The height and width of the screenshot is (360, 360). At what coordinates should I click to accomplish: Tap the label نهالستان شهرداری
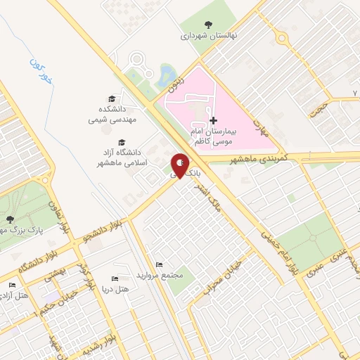click(210, 34)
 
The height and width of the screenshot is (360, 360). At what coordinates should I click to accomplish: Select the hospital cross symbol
click(214, 120)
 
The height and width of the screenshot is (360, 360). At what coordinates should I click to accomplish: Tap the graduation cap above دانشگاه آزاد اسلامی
click(122, 141)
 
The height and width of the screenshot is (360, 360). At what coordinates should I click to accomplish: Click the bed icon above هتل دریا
click(115, 278)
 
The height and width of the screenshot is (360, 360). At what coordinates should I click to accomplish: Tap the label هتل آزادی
click(15, 295)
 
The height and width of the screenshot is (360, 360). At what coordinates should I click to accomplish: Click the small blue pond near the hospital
click(168, 74)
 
